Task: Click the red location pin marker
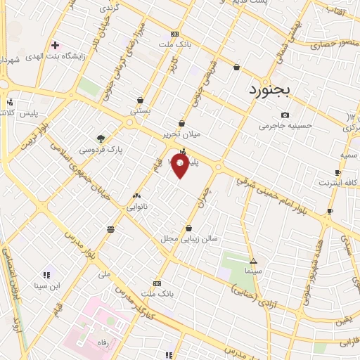[x=180, y=167]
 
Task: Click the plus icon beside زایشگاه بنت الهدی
[x=55, y=45]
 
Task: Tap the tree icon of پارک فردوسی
[x=101, y=139]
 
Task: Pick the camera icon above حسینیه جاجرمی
[x=285, y=115]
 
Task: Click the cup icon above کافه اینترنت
[x=338, y=173]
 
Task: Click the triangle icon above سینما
[x=252, y=260]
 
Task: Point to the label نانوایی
[x=136, y=207]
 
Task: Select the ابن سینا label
[x=46, y=286]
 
